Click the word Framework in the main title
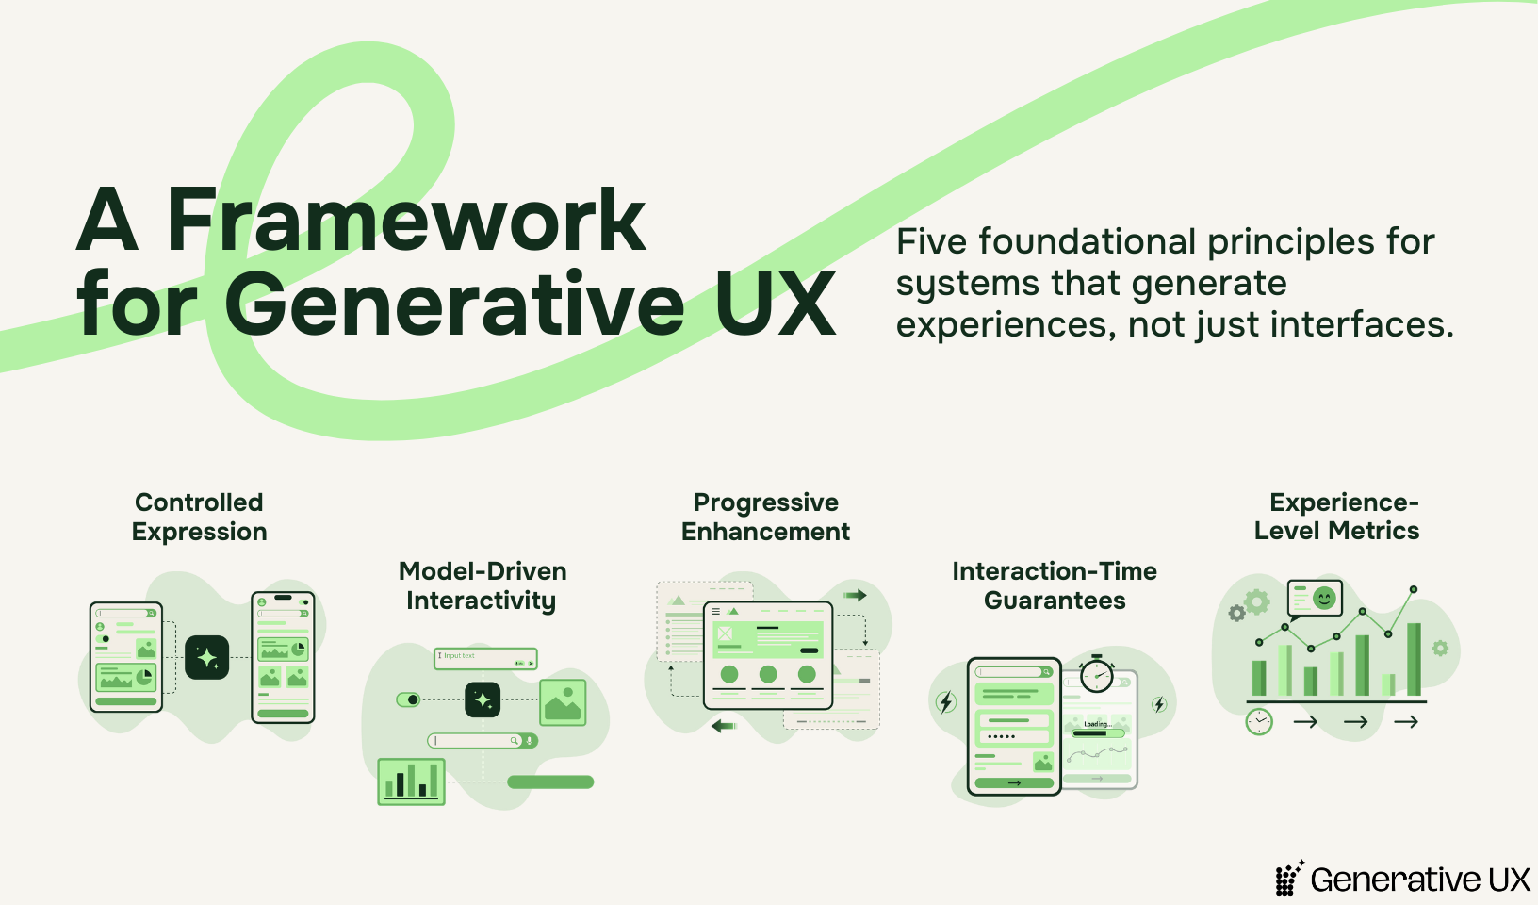(406, 220)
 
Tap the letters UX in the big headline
(776, 304)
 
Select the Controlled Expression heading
(199, 517)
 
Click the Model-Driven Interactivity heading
(482, 585)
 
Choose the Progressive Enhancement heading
(765, 517)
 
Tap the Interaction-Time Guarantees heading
(1055, 585)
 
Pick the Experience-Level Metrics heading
(1337, 517)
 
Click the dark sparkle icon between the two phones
(206, 658)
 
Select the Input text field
(485, 659)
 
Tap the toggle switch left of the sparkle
(409, 699)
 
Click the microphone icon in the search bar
(530, 741)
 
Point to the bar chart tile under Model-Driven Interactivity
(411, 782)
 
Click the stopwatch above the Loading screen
(1097, 674)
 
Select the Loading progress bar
(1098, 733)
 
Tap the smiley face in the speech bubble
(1324, 598)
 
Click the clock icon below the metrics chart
(1259, 722)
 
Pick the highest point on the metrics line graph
(1414, 589)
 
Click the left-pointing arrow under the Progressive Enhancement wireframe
(724, 726)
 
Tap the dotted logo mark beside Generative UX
(1289, 879)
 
